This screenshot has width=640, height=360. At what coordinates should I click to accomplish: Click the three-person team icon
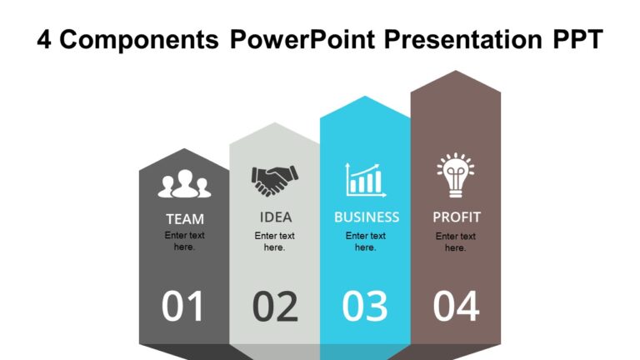(184, 184)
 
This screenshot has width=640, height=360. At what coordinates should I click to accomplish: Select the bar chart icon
(365, 180)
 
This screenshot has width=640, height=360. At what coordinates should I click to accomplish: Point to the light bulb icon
(455, 176)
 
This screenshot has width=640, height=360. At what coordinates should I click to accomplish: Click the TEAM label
(184, 219)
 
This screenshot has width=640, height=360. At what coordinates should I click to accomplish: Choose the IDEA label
(276, 217)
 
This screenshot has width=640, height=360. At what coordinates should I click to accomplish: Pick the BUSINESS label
(367, 217)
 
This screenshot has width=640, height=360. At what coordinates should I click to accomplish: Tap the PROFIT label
(457, 217)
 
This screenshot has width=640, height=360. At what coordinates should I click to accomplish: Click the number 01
(183, 307)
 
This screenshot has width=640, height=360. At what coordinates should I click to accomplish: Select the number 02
(275, 307)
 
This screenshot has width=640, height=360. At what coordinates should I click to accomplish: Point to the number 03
(365, 307)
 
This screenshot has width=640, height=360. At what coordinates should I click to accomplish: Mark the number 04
(457, 307)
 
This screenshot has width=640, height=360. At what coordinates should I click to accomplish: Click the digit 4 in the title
(45, 39)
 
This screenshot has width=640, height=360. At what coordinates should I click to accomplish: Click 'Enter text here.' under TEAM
(184, 241)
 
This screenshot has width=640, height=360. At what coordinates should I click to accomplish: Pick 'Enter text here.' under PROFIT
(456, 242)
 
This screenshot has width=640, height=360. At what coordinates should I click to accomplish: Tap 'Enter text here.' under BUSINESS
(366, 242)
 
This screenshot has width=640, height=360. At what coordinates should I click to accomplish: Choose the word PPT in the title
(574, 39)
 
